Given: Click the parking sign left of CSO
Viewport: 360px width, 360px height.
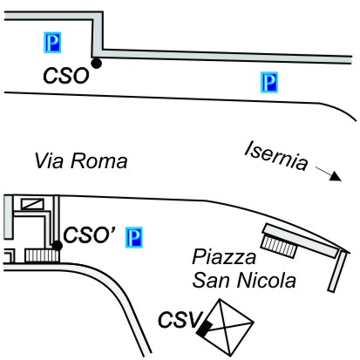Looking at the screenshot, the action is (52, 43).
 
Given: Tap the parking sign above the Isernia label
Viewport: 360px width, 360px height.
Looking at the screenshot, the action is (269, 82).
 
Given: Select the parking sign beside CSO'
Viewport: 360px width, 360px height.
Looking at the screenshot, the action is (134, 237).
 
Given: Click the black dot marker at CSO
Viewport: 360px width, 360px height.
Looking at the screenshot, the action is (96, 63).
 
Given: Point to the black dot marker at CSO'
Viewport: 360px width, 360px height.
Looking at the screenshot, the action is (58, 246).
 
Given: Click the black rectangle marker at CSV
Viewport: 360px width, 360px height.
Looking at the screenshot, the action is (204, 329).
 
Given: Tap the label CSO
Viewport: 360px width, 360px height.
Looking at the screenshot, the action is (66, 76).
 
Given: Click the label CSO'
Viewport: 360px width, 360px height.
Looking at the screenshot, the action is (89, 234).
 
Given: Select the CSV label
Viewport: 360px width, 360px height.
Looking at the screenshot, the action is (180, 319).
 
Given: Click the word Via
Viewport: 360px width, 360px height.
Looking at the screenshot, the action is (49, 160).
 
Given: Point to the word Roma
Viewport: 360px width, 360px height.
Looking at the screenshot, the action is (99, 160).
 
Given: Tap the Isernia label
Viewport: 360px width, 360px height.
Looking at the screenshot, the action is (276, 155).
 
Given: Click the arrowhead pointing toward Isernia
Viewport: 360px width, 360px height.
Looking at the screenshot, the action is (336, 177).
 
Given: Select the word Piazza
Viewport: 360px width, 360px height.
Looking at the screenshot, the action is (224, 257).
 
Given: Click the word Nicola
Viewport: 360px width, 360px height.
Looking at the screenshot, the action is (267, 280).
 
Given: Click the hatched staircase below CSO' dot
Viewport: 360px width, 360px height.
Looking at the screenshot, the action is (42, 255).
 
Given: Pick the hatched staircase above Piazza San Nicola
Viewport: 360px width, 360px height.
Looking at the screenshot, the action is (279, 247).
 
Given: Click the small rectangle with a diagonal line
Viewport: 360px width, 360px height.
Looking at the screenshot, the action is (32, 204).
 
